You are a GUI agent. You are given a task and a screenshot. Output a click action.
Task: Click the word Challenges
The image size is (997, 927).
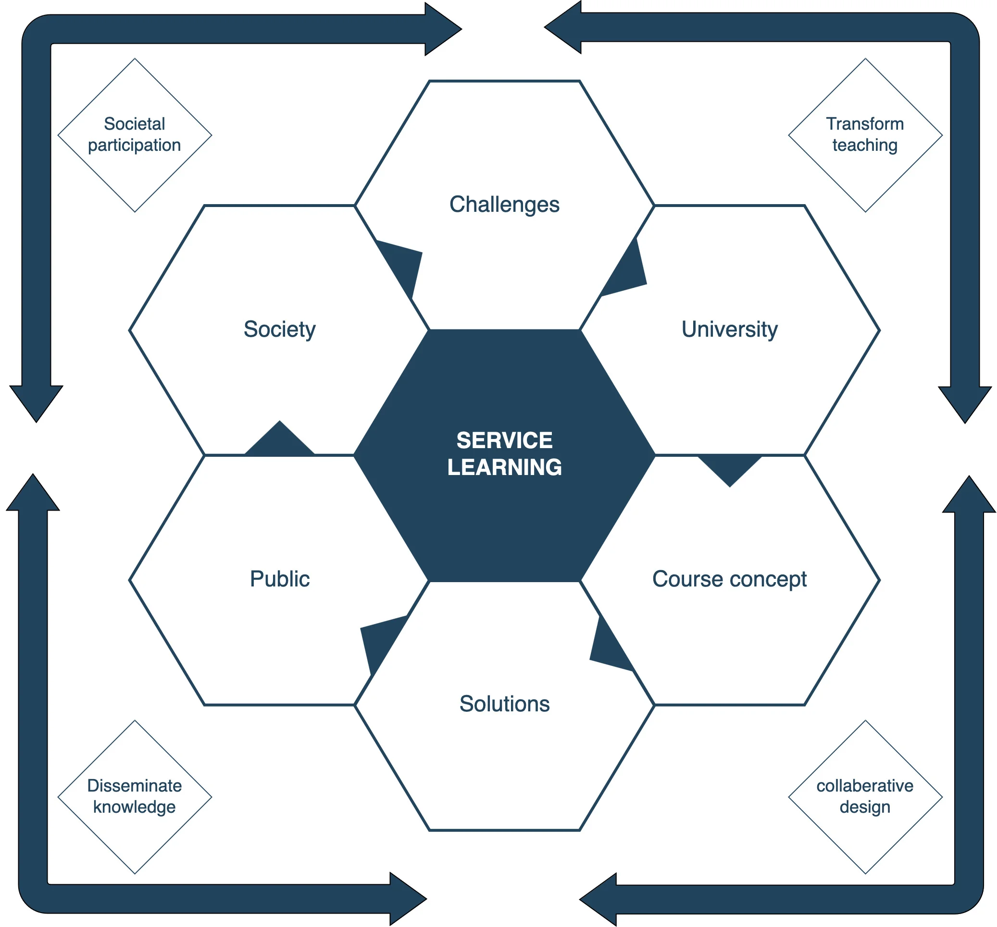coord(504,205)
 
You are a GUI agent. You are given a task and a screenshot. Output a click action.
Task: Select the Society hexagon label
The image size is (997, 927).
coord(279,329)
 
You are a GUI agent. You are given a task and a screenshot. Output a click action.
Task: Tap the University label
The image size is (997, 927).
coord(729,329)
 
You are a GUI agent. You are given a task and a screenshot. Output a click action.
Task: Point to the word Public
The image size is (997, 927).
coord(279,579)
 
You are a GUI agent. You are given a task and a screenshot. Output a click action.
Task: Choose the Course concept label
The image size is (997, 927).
coord(729,579)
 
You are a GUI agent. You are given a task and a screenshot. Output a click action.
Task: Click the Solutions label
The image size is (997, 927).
coord(504,704)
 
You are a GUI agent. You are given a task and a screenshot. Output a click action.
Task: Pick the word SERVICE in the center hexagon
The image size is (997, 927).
coord(504,440)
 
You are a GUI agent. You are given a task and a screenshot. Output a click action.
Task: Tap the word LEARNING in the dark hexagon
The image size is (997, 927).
coord(504,467)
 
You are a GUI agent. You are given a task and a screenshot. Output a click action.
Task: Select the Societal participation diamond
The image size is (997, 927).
coord(135,135)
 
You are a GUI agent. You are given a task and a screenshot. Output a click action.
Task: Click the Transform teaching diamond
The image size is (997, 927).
coord(865,135)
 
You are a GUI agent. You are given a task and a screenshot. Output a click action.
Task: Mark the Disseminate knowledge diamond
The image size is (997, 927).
coord(135,797)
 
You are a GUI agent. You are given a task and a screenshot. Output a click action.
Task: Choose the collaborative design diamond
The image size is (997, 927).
coord(865,797)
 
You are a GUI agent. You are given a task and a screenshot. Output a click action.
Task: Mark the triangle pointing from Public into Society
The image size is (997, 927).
coord(280,441)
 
